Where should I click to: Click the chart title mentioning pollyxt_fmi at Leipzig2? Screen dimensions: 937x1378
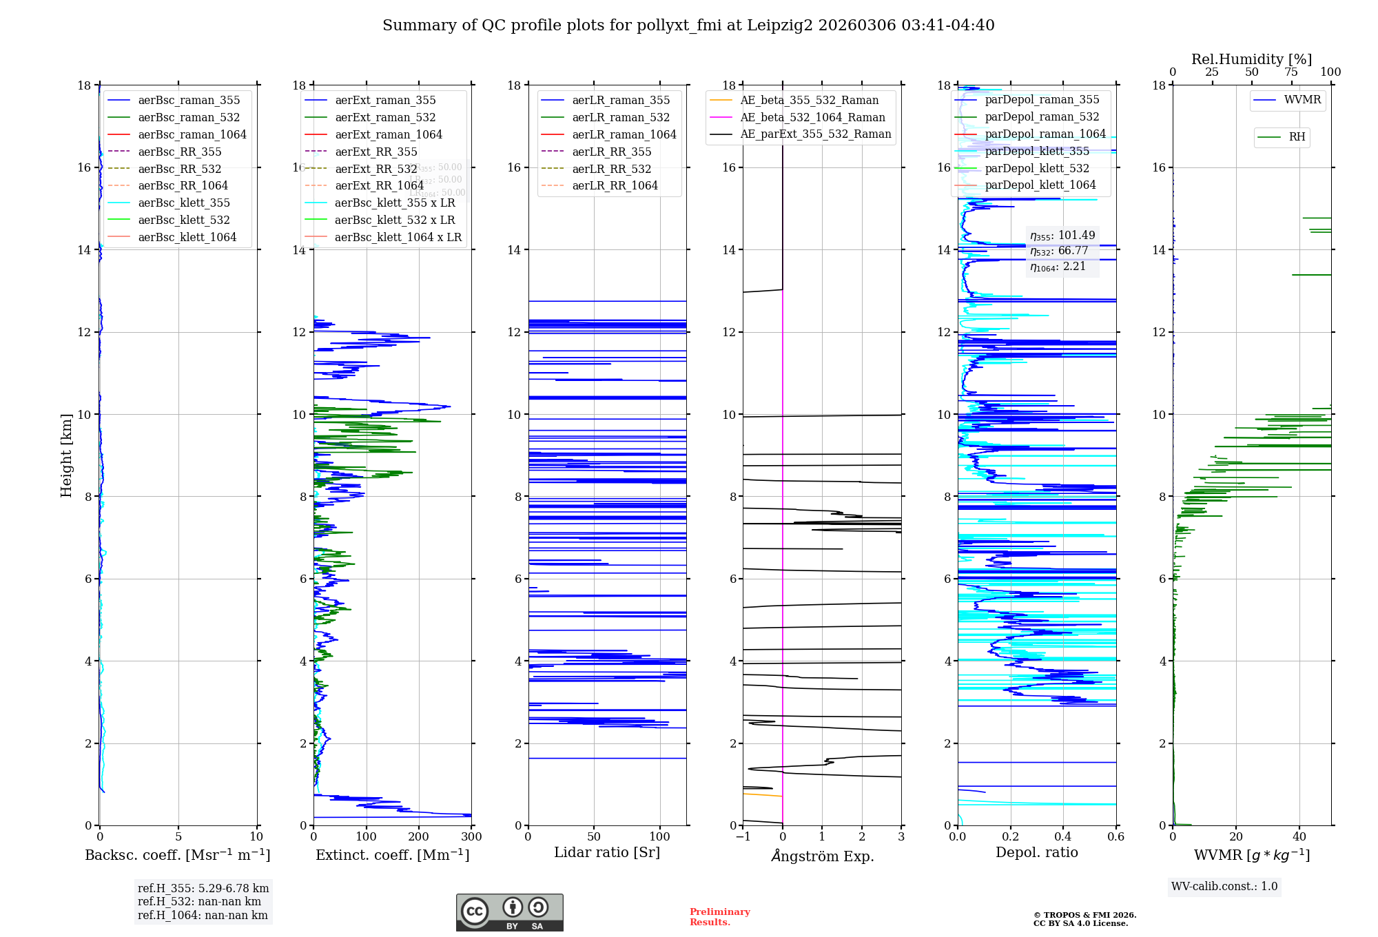click(x=688, y=25)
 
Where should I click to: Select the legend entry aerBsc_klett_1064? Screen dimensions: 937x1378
click(x=187, y=237)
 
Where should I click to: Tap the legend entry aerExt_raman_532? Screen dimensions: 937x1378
click(x=385, y=117)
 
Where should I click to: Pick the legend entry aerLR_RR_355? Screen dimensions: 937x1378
click(x=611, y=152)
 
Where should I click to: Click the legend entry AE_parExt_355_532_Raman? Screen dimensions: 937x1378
click(x=815, y=134)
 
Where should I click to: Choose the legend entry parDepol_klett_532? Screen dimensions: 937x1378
click(x=1036, y=168)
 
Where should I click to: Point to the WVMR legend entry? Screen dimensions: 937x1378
click(x=1302, y=100)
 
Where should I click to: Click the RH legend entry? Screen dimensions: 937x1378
click(x=1297, y=137)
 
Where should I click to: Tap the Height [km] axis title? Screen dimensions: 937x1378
click(x=66, y=455)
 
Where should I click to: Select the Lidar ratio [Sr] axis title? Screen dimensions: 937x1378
click(x=606, y=852)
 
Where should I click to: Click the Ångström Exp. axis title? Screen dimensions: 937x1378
click(x=822, y=856)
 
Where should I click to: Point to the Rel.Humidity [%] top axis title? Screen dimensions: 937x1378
click(x=1251, y=59)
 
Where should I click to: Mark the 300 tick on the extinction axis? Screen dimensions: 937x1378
click(x=471, y=837)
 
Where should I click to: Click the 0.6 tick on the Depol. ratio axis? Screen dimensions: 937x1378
click(x=1115, y=837)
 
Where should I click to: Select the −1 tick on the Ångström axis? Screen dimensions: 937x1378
click(x=743, y=837)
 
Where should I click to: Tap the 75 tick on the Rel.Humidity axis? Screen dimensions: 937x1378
click(x=1291, y=72)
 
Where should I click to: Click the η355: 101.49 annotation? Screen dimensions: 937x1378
click(x=1062, y=236)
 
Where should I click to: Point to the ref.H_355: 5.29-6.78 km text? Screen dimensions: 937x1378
click(x=203, y=889)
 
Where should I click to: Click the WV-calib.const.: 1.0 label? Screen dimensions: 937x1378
click(x=1224, y=887)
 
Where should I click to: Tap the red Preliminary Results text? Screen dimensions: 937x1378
click(x=719, y=917)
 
